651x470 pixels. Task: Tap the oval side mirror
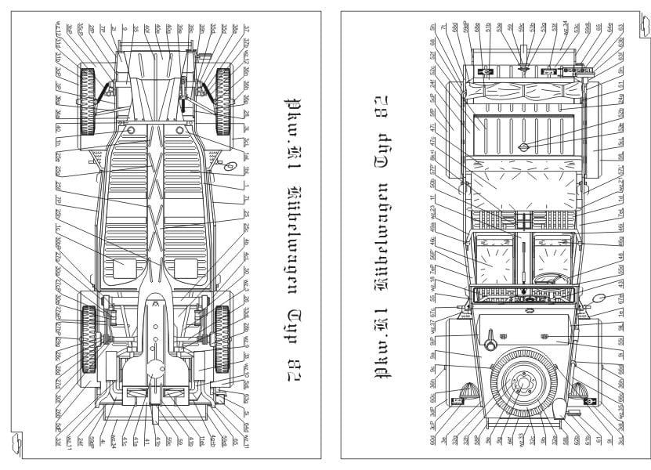pos(600,298)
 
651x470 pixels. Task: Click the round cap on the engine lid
pos(525,146)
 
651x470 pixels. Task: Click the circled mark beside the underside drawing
pos(230,166)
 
